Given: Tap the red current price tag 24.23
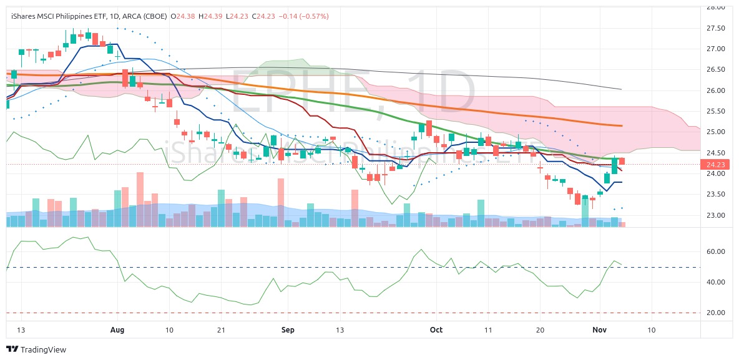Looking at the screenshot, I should (714, 165).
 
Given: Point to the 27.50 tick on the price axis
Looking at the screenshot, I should (715, 28).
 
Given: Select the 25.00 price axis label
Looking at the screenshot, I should (715, 132).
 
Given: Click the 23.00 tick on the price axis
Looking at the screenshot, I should (715, 215).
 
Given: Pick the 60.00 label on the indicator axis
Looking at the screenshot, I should (715, 251).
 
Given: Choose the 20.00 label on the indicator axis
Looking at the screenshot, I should (715, 313).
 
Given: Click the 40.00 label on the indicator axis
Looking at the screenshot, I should (715, 282).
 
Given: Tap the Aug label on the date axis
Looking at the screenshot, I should (117, 329).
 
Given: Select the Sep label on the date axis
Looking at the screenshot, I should (288, 329).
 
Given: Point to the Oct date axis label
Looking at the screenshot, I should (437, 329).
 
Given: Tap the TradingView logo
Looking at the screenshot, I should (36, 349).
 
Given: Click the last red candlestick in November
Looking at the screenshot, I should (622, 162).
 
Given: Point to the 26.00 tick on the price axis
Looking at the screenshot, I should (715, 90).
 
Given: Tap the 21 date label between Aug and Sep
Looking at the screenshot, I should (221, 329).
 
